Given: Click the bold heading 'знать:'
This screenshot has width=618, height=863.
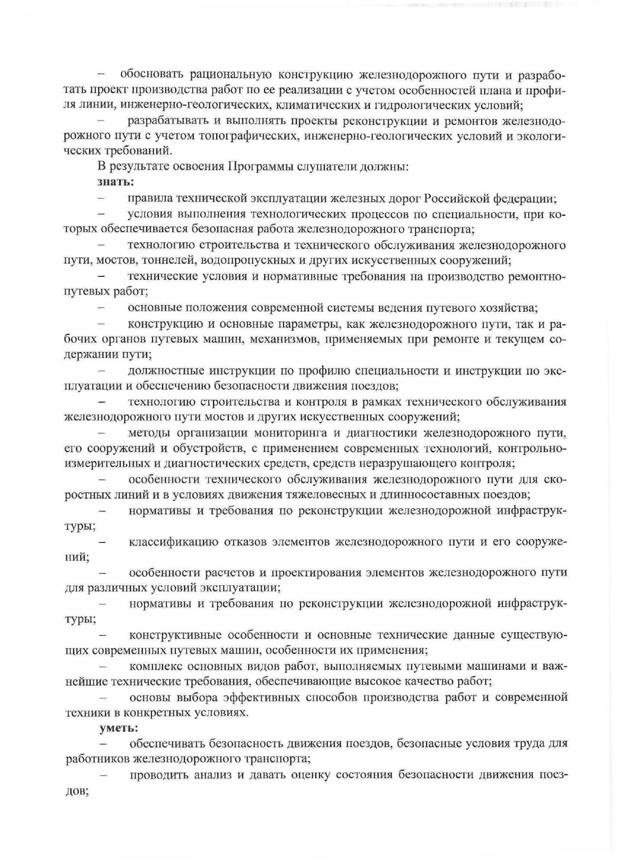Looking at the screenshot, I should [x=116, y=182].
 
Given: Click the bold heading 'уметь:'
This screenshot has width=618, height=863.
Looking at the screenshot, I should [x=119, y=728].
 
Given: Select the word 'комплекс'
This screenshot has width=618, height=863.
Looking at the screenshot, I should [x=156, y=666].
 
